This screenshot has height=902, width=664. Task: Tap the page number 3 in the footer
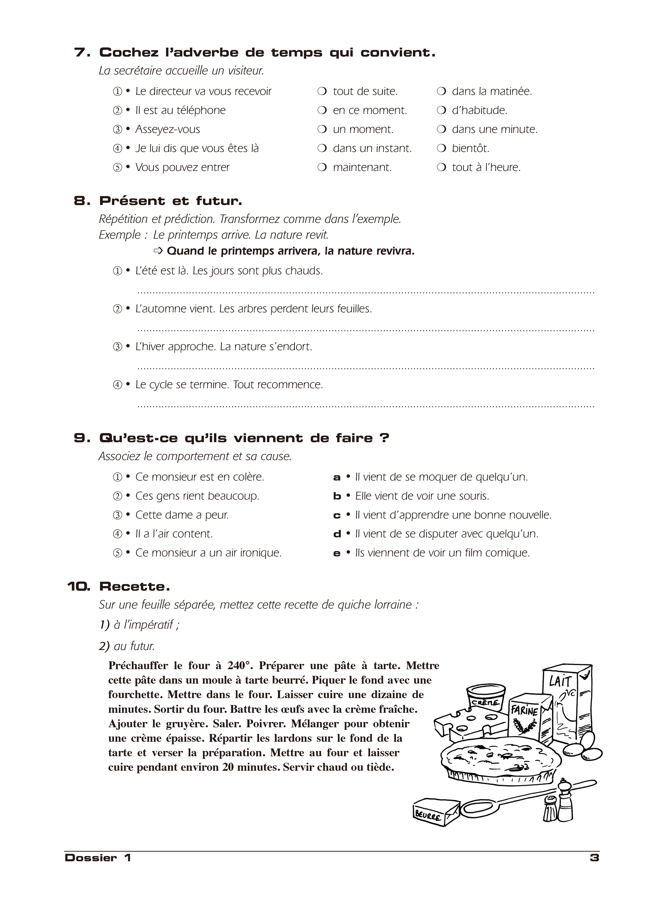[594, 857]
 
